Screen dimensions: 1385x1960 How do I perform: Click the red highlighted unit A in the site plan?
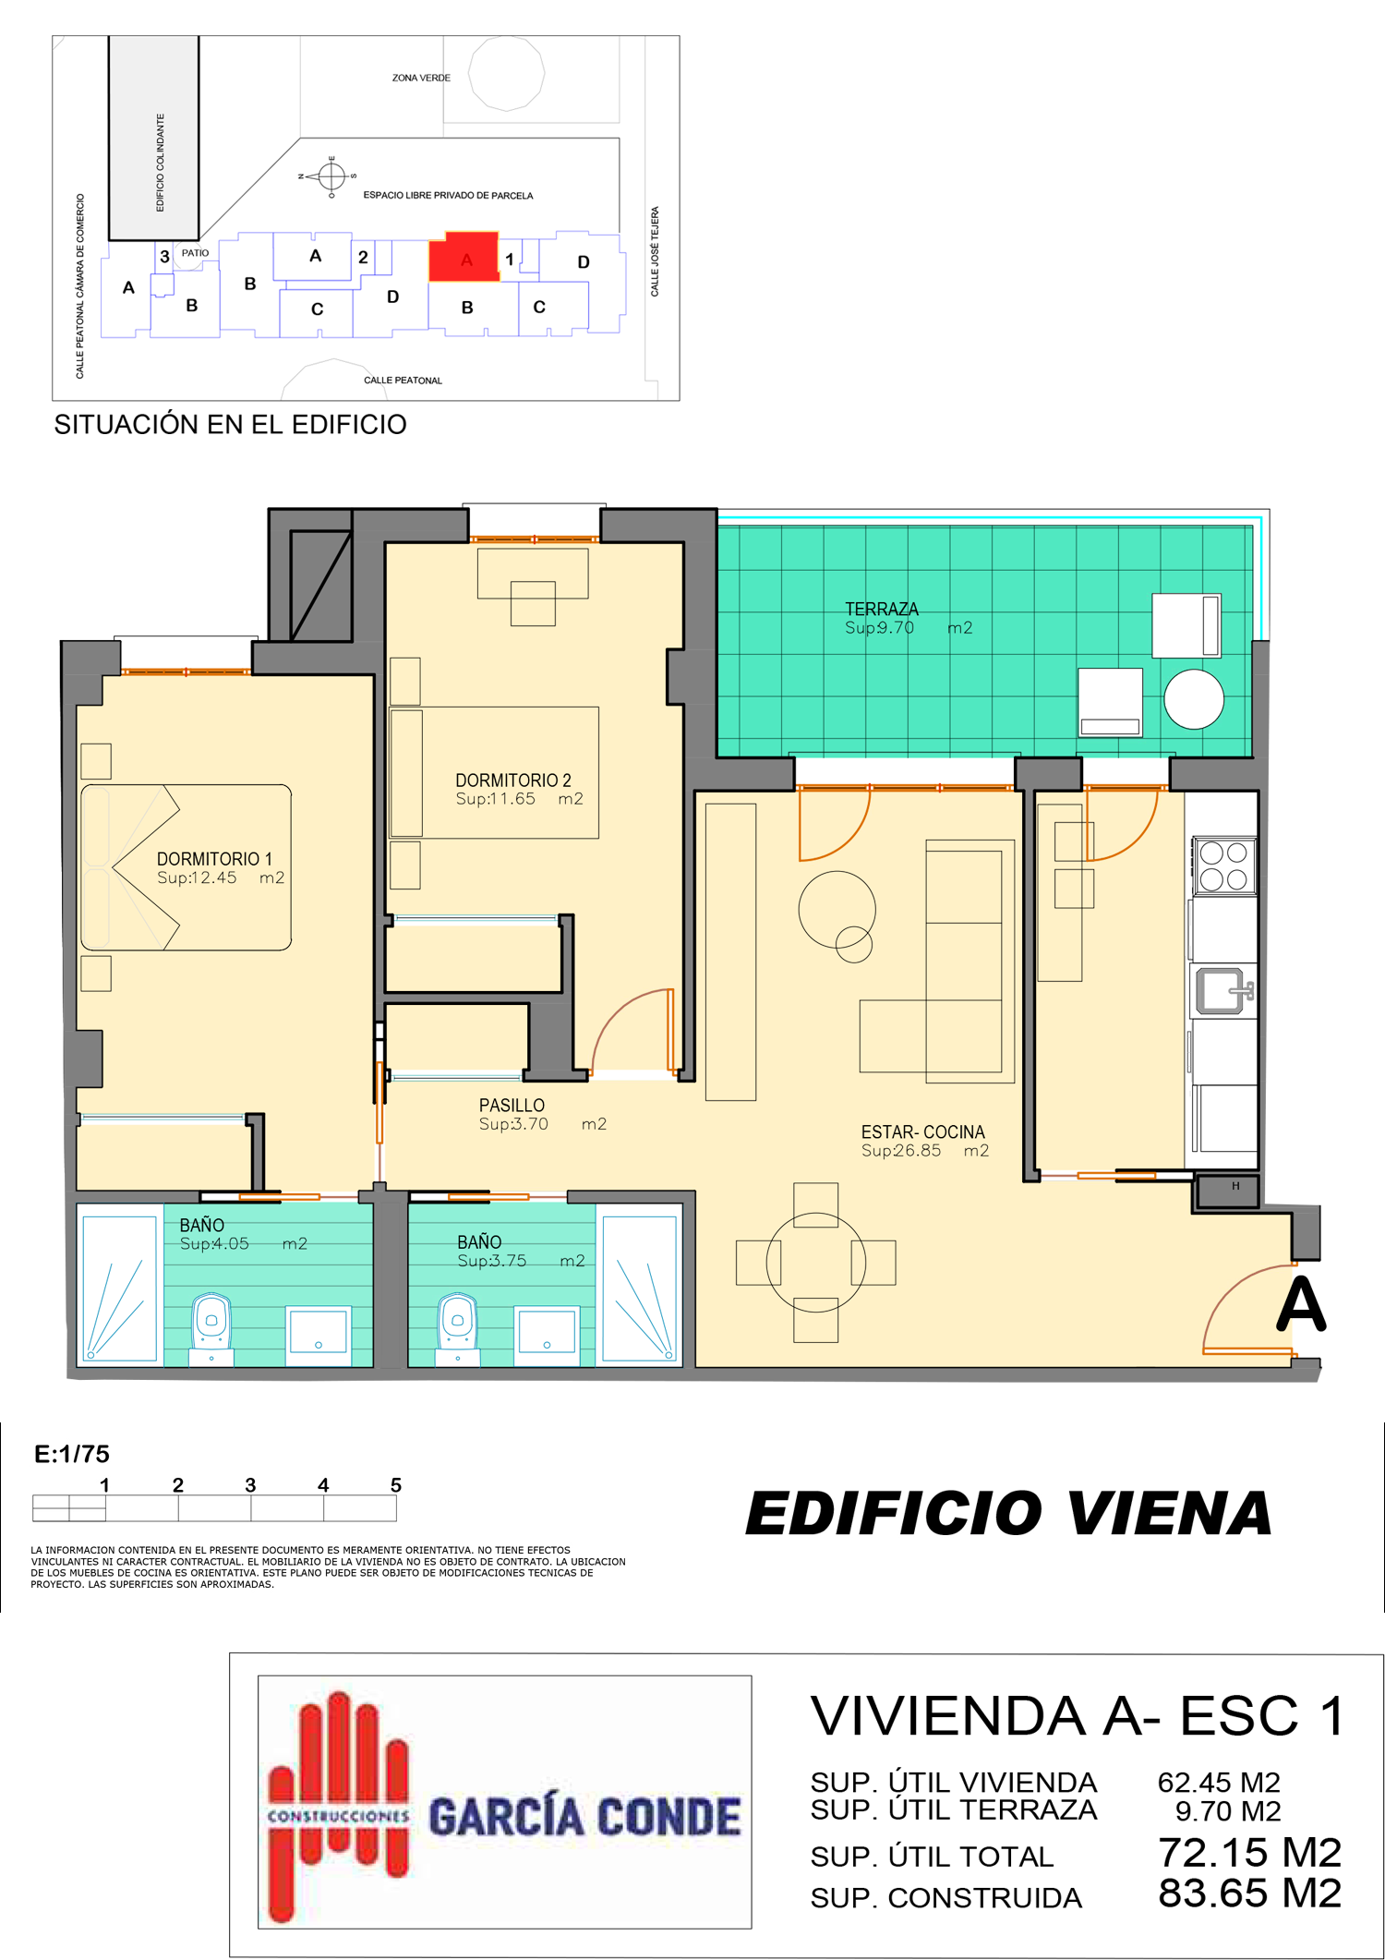(x=464, y=258)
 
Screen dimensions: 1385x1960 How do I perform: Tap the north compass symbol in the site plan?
(x=331, y=175)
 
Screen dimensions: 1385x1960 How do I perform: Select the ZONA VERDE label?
(x=421, y=79)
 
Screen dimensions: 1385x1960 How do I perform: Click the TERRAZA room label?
(x=882, y=610)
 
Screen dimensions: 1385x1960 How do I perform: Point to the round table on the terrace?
(x=1194, y=699)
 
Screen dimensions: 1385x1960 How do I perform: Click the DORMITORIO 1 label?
(x=214, y=859)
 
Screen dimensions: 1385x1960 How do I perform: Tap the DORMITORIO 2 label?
(x=513, y=780)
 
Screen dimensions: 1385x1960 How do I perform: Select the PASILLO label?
(x=512, y=1106)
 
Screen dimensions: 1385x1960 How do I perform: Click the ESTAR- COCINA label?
(x=923, y=1132)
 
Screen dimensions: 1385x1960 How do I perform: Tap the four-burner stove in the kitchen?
(x=1224, y=865)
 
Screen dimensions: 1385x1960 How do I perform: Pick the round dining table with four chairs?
(x=815, y=1263)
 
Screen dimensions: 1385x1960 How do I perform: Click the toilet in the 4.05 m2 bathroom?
(x=211, y=1328)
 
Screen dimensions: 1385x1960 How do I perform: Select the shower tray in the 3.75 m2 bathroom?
(x=639, y=1289)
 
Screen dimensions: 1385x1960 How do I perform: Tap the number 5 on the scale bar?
(x=396, y=1485)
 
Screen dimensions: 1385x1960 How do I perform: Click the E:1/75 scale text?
(x=72, y=1455)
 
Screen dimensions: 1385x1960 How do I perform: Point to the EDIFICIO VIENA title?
(x=1008, y=1514)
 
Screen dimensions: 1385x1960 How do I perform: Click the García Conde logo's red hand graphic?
(x=338, y=1805)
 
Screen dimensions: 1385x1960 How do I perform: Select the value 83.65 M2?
(x=1250, y=1893)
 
